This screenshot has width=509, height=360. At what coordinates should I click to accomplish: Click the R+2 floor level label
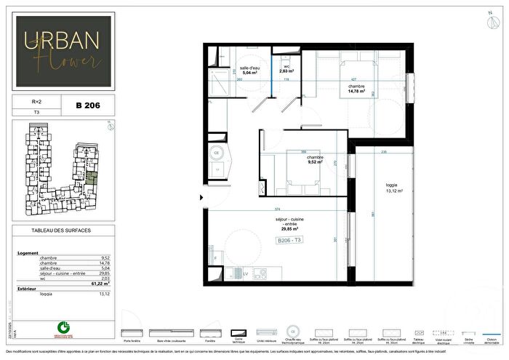28,103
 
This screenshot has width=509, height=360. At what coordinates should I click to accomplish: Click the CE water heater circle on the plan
217,153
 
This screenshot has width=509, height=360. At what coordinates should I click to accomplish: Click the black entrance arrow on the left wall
201,196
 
